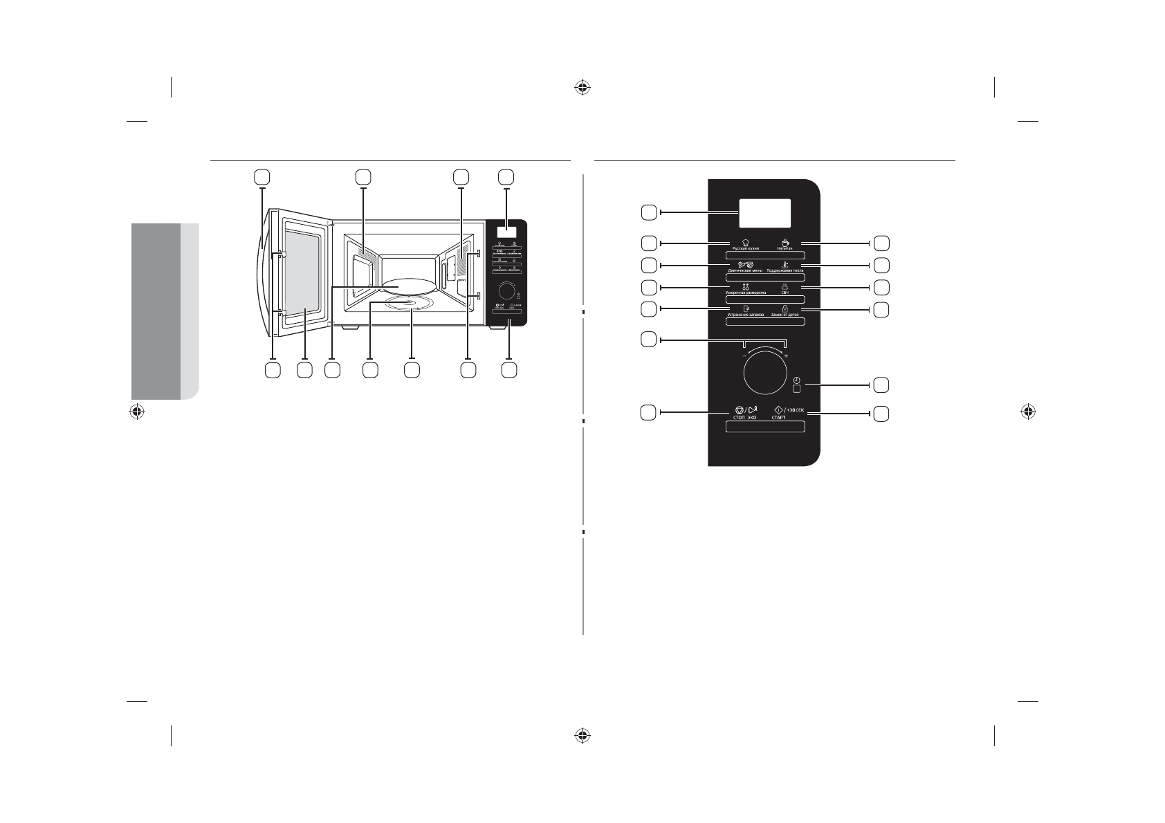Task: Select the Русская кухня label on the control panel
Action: tap(746, 248)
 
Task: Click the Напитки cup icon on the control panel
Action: tap(785, 242)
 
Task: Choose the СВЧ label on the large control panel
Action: tap(785, 293)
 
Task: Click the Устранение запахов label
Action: tap(745, 315)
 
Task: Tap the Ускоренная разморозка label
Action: tap(745, 293)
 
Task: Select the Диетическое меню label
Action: tap(745, 270)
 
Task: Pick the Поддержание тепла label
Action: tap(785, 270)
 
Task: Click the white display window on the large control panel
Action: tap(764, 213)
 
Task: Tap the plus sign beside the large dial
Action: tap(787, 355)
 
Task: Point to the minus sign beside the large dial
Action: tap(744, 355)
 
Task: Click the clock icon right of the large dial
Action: tap(797, 380)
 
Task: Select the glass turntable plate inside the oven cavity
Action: tap(406, 284)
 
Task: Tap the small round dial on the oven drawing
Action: tap(507, 288)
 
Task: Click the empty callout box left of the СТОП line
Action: tap(648, 413)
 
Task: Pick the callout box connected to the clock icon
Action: tap(881, 384)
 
